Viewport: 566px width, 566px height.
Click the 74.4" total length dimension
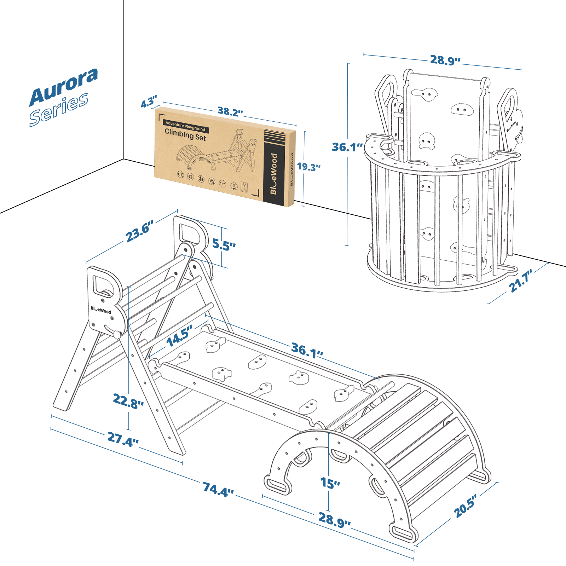click(218, 490)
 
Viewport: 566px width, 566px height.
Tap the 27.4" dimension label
click(123, 440)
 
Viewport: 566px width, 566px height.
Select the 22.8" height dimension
click(128, 401)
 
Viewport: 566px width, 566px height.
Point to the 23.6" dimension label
click(139, 231)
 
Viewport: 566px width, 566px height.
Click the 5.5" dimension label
click(224, 244)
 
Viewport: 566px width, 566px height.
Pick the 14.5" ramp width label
click(179, 336)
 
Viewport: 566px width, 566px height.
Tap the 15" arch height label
click(330, 483)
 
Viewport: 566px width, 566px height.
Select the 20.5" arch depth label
click(466, 506)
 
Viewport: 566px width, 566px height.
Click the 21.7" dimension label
click(521, 281)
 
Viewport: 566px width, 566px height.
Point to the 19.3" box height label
click(308, 167)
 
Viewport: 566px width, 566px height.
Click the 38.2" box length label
click(230, 112)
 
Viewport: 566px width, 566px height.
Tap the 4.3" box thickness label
click(149, 102)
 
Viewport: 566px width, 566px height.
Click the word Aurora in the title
click(64, 86)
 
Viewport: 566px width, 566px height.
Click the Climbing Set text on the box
click(185, 135)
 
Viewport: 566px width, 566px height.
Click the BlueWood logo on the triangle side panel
click(101, 310)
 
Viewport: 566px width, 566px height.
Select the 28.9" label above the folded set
click(445, 60)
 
